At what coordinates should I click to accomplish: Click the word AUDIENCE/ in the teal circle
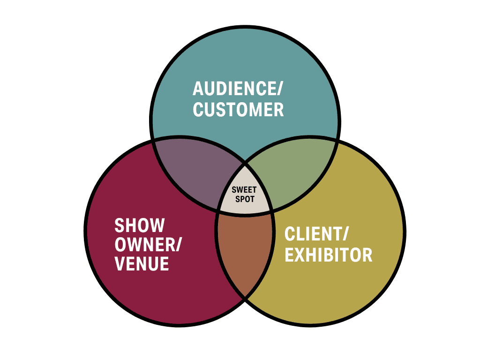238,89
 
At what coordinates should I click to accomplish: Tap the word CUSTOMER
238,110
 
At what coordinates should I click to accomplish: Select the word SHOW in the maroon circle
140,225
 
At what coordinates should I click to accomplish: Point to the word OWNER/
148,245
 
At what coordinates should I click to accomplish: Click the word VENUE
142,263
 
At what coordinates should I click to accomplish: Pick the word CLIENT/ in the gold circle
316,234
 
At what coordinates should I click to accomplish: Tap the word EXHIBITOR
329,255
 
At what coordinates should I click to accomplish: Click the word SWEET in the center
244,190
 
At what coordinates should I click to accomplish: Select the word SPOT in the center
245,199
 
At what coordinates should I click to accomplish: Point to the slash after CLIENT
345,234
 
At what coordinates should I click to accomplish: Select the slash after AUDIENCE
279,89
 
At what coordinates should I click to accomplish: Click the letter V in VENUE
120,263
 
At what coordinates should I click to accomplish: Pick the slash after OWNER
178,245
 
